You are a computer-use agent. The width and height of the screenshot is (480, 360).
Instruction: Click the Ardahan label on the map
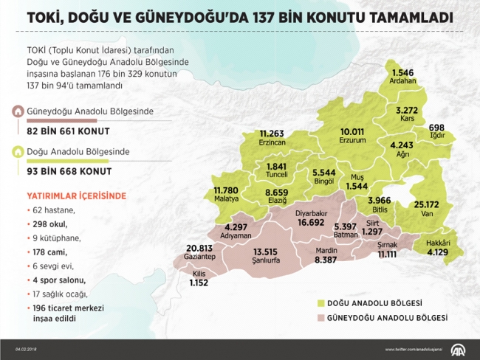[x=402, y=81]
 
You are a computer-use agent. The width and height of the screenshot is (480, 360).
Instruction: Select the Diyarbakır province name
[x=311, y=213]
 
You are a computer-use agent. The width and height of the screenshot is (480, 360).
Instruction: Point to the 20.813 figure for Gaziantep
[x=200, y=248]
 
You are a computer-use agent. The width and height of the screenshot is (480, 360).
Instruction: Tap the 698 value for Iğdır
[x=436, y=127]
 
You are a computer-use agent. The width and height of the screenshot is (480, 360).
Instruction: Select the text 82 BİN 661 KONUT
[x=68, y=131]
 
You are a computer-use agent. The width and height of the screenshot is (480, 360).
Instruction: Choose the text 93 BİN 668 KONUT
[x=69, y=171]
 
